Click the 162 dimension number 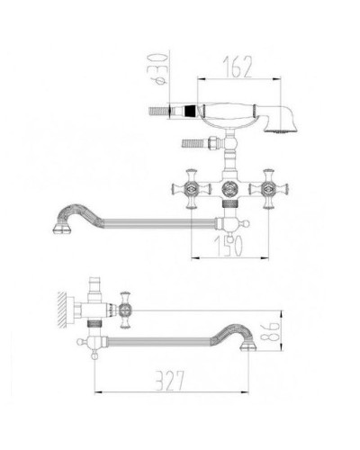click(x=238, y=67)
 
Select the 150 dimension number click(x=228, y=247)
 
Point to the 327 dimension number click(x=170, y=381)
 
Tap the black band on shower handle click(x=190, y=111)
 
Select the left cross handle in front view click(x=191, y=189)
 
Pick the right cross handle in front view click(x=268, y=189)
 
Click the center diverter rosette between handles click(x=229, y=189)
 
